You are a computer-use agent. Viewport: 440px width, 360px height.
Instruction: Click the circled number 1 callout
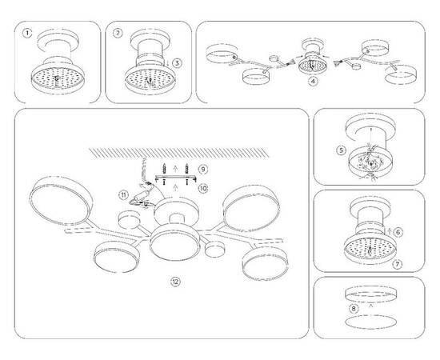[28, 34]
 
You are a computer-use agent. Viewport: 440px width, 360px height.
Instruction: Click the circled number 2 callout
[118, 34]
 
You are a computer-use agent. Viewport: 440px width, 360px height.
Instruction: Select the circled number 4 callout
[314, 82]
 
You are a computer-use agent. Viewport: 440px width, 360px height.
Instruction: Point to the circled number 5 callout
[340, 149]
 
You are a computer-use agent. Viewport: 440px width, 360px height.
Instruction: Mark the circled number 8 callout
[353, 307]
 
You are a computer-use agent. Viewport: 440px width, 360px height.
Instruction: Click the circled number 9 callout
[203, 170]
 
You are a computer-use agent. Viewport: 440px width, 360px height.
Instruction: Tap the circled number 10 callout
[203, 189]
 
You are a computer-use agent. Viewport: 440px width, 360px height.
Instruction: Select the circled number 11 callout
[124, 194]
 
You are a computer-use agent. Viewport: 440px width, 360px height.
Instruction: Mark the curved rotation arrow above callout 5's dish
[370, 127]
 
